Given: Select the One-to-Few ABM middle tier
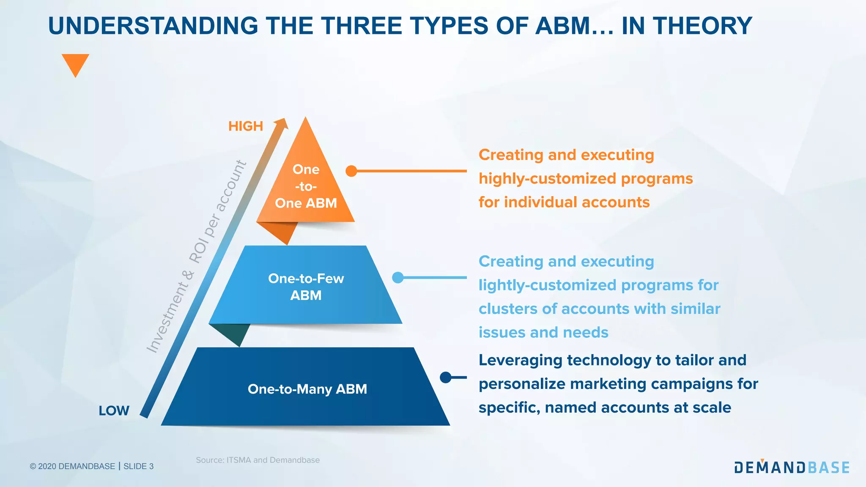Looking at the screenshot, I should [x=306, y=286].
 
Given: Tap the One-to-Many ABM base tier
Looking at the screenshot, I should [x=307, y=389].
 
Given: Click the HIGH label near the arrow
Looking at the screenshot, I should [x=245, y=126].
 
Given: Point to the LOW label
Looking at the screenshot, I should [x=114, y=410].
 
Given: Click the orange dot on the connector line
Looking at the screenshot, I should [x=351, y=171].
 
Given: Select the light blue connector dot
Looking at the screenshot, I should [x=398, y=277].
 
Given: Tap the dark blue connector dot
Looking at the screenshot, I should [x=446, y=377].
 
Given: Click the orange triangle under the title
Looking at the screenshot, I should [x=75, y=63].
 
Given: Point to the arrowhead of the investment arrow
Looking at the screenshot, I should [x=282, y=123].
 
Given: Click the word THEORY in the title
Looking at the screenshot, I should [x=702, y=26].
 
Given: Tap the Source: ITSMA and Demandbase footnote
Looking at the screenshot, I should [x=258, y=460].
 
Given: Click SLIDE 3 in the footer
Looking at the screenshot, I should [x=138, y=466].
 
